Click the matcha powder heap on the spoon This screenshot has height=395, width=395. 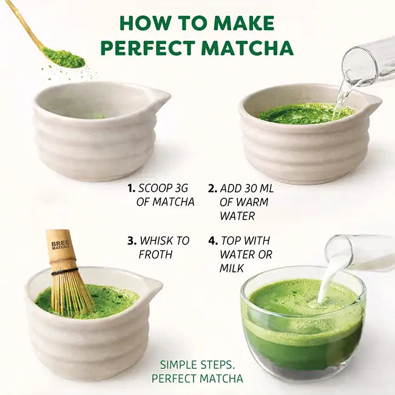point(64,58)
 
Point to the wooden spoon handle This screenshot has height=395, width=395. point(24,24)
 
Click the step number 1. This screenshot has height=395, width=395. point(131,188)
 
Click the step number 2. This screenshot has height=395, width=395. point(212,188)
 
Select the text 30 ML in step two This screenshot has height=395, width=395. point(257,188)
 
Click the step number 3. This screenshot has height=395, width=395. point(131,241)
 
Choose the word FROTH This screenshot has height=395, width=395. point(155,255)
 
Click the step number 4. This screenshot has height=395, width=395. point(212,241)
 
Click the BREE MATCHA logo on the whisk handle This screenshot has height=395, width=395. point(61,245)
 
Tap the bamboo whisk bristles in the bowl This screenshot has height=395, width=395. point(70,291)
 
